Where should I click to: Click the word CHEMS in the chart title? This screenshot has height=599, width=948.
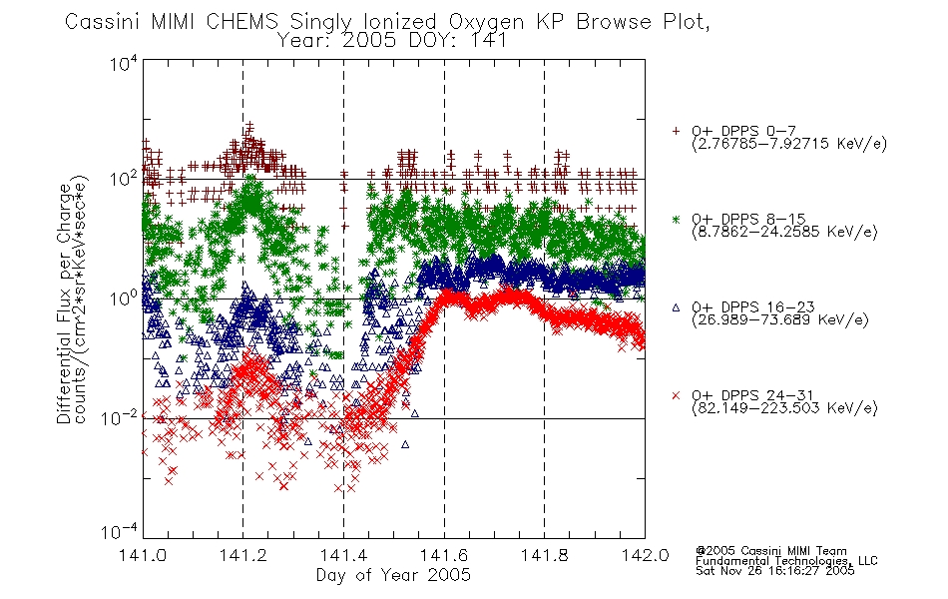[x=241, y=22]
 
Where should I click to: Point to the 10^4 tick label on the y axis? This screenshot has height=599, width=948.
[x=124, y=64]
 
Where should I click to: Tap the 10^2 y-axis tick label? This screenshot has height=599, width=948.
[x=124, y=179]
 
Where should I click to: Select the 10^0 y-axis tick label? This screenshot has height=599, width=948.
[x=124, y=299]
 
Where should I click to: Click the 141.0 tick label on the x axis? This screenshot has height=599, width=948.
[x=143, y=555]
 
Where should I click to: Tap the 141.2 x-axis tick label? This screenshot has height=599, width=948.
[x=243, y=555]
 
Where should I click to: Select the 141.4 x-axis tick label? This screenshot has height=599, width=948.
[x=343, y=555]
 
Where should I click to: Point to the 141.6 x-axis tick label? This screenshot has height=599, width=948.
[x=444, y=555]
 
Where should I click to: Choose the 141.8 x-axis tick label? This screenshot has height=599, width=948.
[x=544, y=555]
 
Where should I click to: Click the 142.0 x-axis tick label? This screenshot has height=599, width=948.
[x=645, y=555]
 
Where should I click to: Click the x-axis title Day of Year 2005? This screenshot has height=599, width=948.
[x=393, y=575]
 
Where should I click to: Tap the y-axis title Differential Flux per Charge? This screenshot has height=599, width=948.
[x=64, y=303]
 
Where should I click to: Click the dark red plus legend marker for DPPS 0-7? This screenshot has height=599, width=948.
[x=676, y=131]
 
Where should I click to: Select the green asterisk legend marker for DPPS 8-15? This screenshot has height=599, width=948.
[x=676, y=219]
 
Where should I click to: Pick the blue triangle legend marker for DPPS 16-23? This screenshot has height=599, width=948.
[x=676, y=307]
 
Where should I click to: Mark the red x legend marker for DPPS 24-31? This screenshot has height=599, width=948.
[x=676, y=395]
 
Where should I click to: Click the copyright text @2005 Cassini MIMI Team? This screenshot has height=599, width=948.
[x=771, y=551]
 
